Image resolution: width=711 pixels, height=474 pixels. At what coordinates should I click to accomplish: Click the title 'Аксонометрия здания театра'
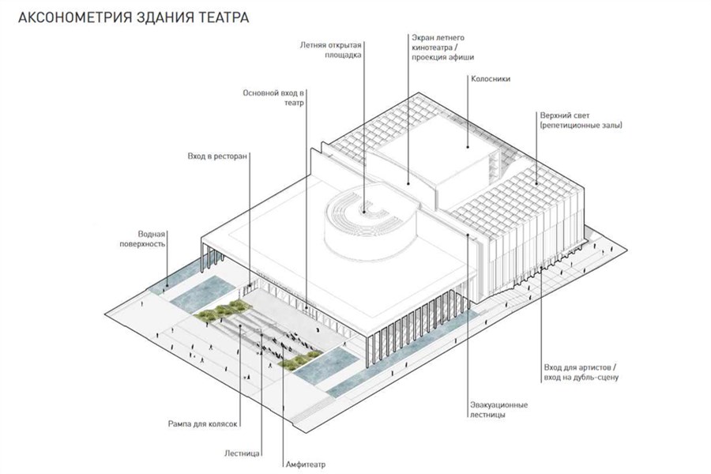134,17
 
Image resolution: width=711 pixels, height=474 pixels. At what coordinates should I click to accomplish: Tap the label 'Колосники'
491,79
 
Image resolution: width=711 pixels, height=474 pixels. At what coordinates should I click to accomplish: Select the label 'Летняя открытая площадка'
330,50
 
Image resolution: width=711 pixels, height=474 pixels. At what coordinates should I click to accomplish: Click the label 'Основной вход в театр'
273,98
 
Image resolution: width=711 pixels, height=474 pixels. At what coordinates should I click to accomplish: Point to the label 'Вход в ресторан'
218,156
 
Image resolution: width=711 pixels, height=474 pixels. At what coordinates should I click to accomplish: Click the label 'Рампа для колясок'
203,424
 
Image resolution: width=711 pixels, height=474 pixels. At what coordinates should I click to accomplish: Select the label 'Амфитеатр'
306,465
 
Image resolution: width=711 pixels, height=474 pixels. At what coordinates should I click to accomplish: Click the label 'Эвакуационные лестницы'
498,409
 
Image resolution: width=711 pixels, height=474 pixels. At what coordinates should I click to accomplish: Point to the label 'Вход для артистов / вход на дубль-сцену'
581,372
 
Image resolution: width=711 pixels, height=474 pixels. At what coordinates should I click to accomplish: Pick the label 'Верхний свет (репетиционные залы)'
581,120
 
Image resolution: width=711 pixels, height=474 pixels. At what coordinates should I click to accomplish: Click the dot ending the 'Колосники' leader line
468,146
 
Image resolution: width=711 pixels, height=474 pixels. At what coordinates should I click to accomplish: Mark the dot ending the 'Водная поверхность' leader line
167,286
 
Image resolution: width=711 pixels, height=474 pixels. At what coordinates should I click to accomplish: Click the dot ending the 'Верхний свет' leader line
536,184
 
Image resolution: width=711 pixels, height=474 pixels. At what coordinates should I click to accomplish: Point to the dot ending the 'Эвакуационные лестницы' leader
468,235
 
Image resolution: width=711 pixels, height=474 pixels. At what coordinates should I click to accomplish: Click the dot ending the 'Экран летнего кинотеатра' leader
408,184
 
